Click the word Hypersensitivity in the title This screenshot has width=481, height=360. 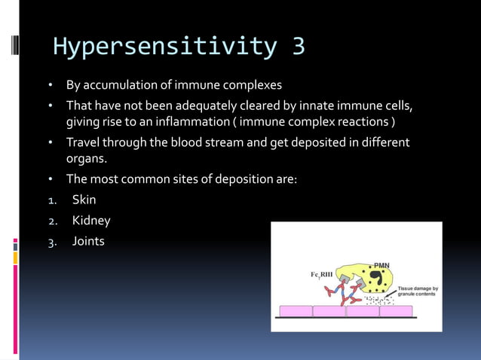[x=155, y=46]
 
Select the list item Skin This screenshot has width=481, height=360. [x=84, y=200]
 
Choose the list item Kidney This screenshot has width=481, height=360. [x=91, y=221]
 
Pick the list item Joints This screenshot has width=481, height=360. [x=88, y=242]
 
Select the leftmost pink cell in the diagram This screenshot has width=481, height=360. [x=296, y=311]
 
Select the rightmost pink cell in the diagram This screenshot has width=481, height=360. [x=396, y=311]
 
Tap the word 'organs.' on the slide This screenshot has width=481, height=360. [x=87, y=159]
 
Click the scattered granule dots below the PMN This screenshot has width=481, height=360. [x=377, y=301]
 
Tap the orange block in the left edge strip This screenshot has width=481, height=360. [x=15, y=258]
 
